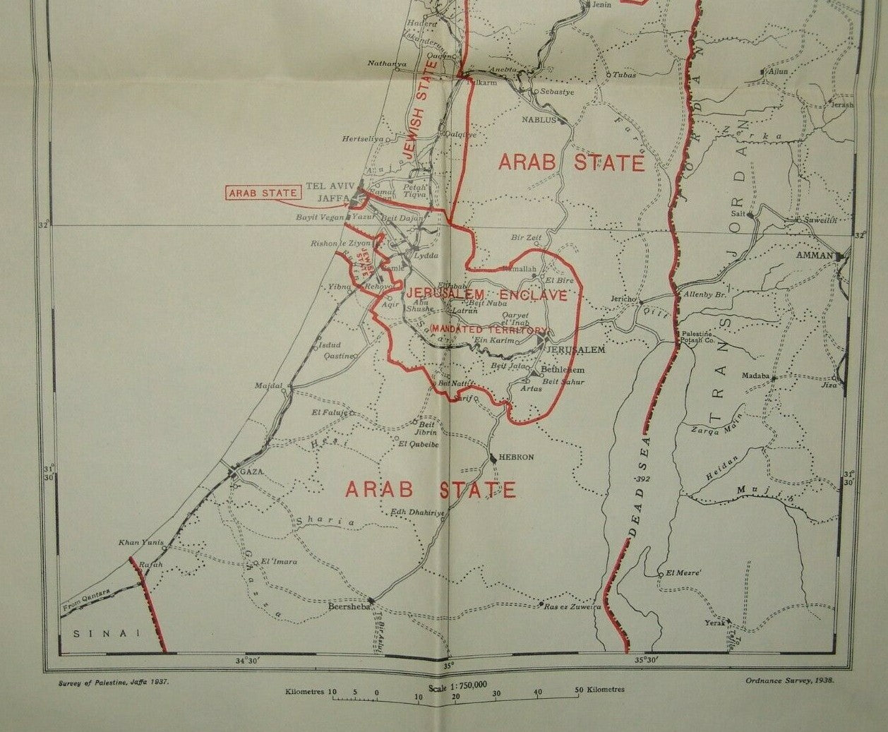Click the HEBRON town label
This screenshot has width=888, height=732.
(516, 457)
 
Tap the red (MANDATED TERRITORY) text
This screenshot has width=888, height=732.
(489, 330)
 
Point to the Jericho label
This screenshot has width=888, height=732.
(623, 299)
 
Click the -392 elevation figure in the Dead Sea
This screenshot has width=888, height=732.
(641, 479)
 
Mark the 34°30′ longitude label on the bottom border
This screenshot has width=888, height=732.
(248, 661)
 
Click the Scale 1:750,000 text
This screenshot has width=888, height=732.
(458, 685)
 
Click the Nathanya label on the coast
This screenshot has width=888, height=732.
(387, 64)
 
